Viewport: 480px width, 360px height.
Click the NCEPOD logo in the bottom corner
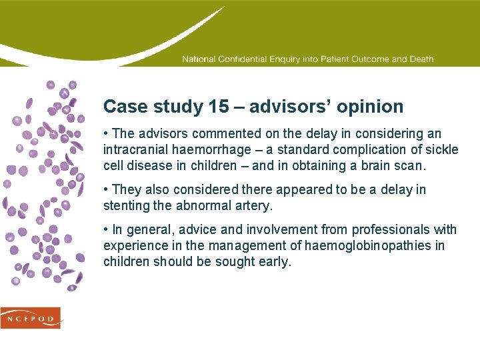(x=31, y=317)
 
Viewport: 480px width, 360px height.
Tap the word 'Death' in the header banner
(x=422, y=59)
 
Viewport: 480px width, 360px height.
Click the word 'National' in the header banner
(x=199, y=59)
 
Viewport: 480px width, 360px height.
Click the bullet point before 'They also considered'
(x=106, y=190)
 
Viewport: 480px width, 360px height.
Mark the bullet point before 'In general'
(x=106, y=230)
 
